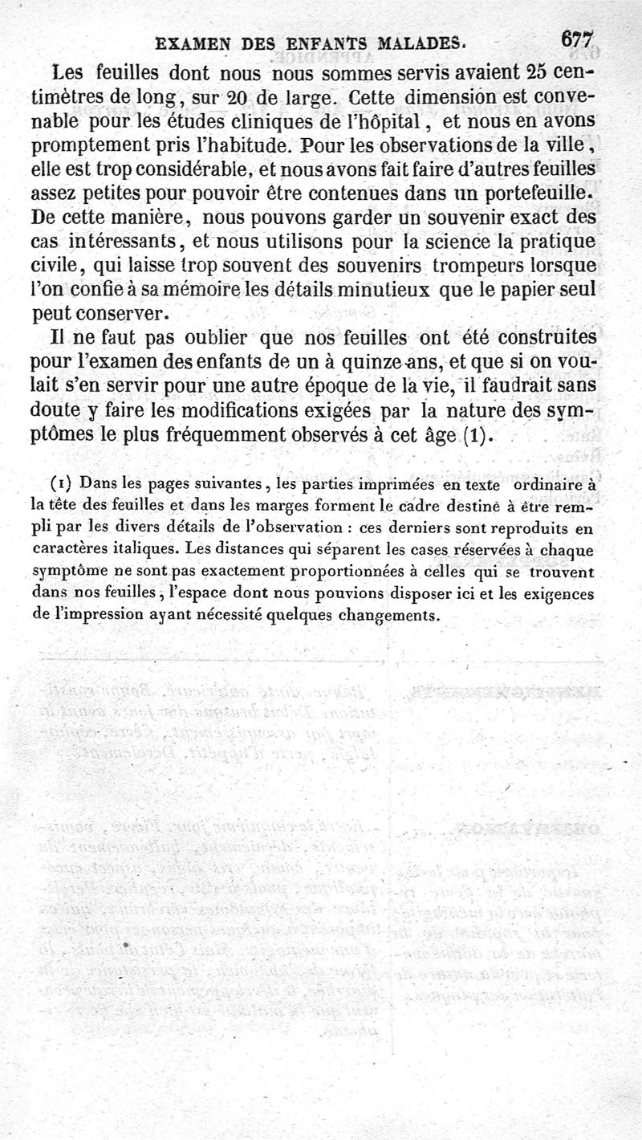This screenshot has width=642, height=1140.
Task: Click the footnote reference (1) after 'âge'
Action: click(475, 438)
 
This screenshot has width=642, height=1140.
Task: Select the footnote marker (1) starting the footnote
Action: click(63, 484)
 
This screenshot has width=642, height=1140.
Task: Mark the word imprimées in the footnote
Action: click(390, 484)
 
